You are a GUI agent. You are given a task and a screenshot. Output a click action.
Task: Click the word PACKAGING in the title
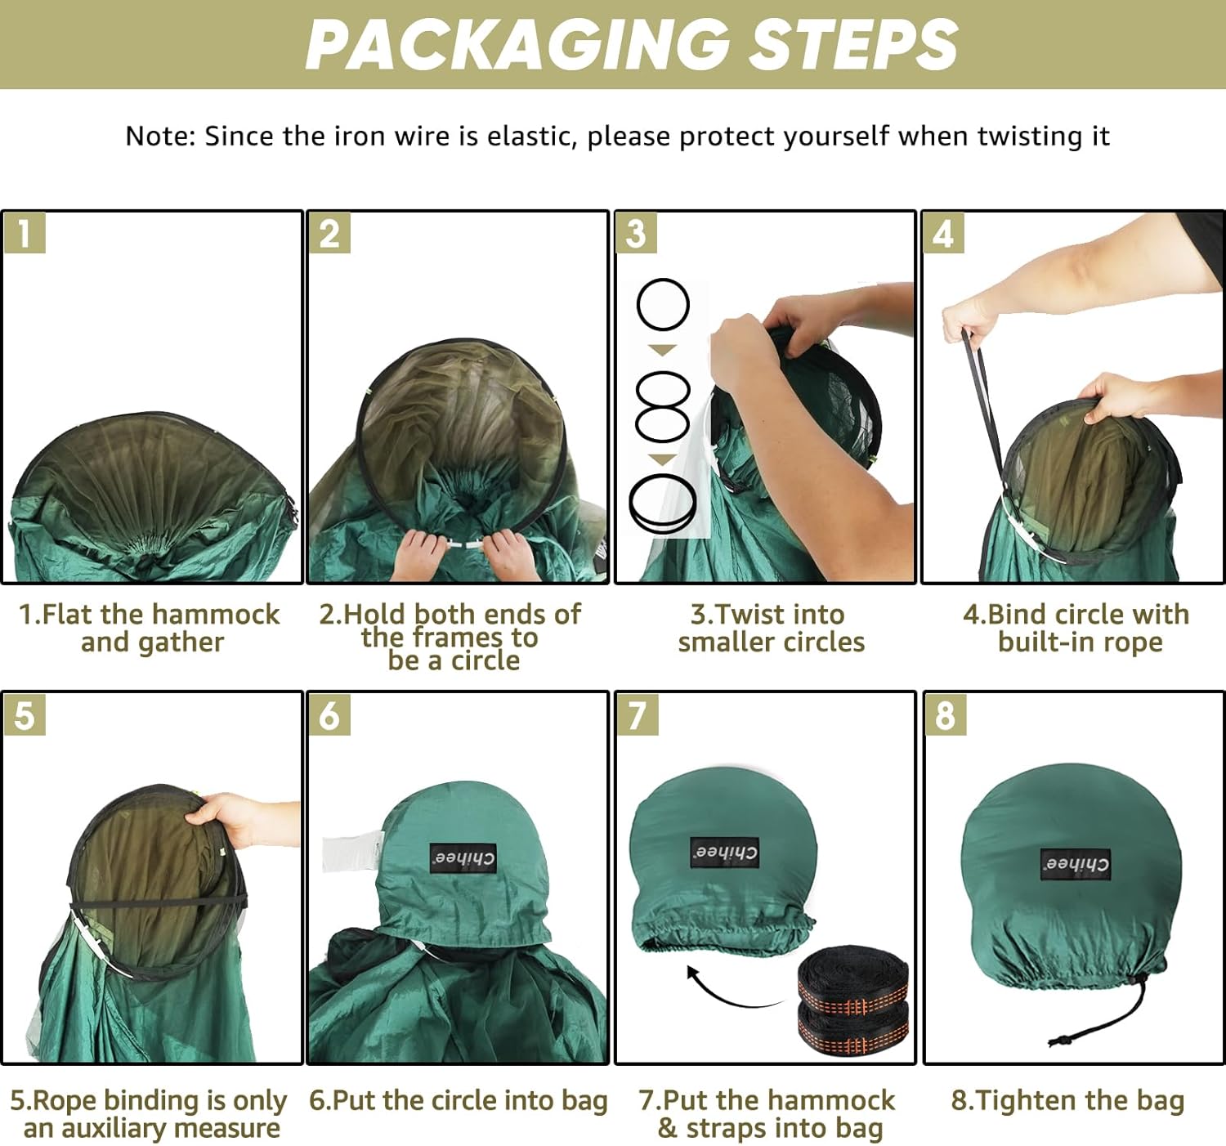click(x=518, y=44)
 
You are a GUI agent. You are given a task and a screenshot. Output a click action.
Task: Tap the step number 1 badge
click(x=25, y=234)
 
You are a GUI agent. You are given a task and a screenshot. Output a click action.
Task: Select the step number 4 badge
click(x=943, y=234)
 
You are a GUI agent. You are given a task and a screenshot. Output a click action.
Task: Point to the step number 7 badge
click(x=637, y=715)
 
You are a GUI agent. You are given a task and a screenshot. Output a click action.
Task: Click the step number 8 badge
click(x=945, y=715)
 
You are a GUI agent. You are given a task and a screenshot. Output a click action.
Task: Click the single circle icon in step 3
click(x=662, y=304)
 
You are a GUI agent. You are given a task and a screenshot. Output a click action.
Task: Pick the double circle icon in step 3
click(x=662, y=406)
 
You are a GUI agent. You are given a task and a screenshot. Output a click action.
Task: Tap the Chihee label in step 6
click(x=463, y=858)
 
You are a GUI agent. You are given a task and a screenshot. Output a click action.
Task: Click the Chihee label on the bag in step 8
click(x=1076, y=864)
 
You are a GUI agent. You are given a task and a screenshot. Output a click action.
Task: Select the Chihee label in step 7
click(x=724, y=853)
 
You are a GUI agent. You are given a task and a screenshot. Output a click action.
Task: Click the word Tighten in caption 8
click(x=1020, y=1101)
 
